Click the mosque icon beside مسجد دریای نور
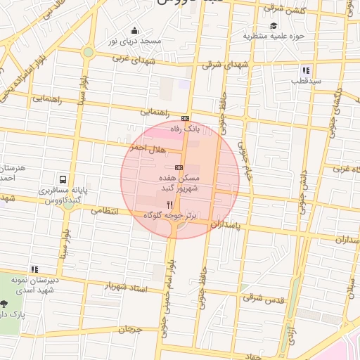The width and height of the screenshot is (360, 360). tap(135, 31)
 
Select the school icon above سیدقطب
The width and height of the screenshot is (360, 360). tap(306, 70)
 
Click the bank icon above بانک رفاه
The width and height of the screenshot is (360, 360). tap(185, 119)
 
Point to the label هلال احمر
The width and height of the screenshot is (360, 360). tap(146, 146)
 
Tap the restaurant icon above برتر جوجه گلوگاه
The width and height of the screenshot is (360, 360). tap(169, 204)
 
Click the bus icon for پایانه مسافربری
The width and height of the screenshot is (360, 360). tap(63, 179)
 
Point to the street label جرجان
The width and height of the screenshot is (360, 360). tap(130, 329)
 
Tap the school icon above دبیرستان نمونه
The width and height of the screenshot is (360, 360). tap(34, 269)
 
